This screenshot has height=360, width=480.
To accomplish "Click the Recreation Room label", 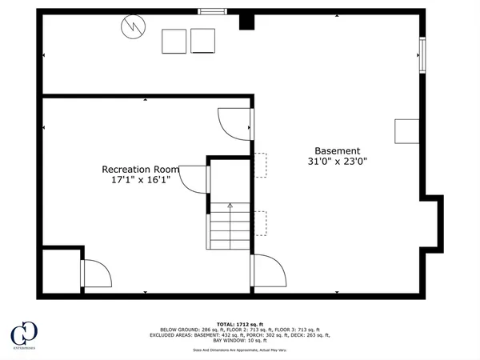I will tap(140, 170).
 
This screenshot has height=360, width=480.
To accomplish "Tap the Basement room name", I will tap(337, 150).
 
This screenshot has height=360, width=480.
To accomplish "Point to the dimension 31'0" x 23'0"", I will tap(337, 162).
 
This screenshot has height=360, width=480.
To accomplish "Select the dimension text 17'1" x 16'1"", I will tap(141, 181).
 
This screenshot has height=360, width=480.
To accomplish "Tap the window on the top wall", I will tap(212, 11).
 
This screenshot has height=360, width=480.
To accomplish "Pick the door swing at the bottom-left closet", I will tap(95, 274).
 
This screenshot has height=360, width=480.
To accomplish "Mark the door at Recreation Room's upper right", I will tap(234, 122).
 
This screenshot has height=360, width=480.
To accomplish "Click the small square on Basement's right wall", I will tap(406, 131).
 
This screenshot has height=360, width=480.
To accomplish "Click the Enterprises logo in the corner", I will tap(24, 335).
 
